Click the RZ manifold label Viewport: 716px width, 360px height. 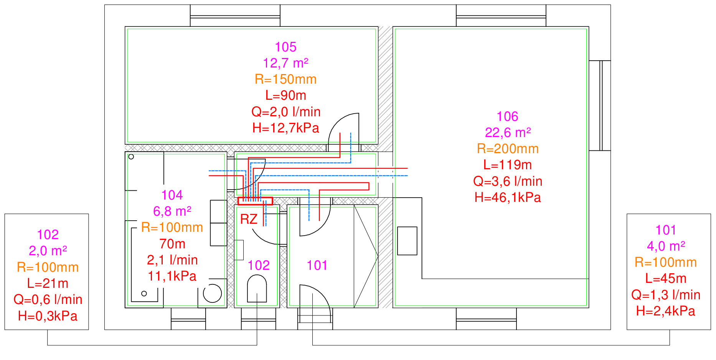249,219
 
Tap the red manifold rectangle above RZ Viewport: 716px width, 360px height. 255,201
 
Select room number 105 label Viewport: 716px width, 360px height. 285,47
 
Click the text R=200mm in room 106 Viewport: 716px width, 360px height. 508,149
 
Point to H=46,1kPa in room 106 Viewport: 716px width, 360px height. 508,198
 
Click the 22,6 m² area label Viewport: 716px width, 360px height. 508,133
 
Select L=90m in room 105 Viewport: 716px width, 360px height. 285,96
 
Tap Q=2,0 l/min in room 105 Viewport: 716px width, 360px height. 285,112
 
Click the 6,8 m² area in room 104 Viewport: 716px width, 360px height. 172,211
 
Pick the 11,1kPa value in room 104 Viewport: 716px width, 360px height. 172,276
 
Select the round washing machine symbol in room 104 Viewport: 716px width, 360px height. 212,294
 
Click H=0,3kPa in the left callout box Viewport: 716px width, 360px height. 48,316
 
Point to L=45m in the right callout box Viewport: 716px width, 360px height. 665,279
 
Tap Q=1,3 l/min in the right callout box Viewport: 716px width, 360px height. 665,295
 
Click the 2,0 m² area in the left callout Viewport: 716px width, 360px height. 48,251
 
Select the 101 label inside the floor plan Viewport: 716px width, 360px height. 317,266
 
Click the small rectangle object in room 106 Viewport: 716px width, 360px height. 407,241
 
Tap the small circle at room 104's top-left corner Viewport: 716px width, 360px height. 131,157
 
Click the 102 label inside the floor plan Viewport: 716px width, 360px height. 259,266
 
